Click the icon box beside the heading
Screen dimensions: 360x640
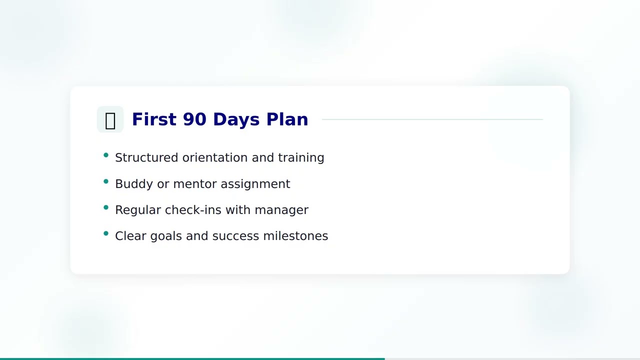click(110, 119)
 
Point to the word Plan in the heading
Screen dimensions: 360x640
click(287, 119)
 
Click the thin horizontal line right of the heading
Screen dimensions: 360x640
click(432, 119)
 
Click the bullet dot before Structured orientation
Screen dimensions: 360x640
click(106, 155)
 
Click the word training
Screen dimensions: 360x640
click(301, 157)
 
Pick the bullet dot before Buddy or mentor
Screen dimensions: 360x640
click(106, 181)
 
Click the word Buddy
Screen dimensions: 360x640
click(133, 184)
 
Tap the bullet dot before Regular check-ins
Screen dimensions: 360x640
click(106, 207)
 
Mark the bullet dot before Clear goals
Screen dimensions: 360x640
click(106, 233)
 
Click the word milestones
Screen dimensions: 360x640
click(295, 236)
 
